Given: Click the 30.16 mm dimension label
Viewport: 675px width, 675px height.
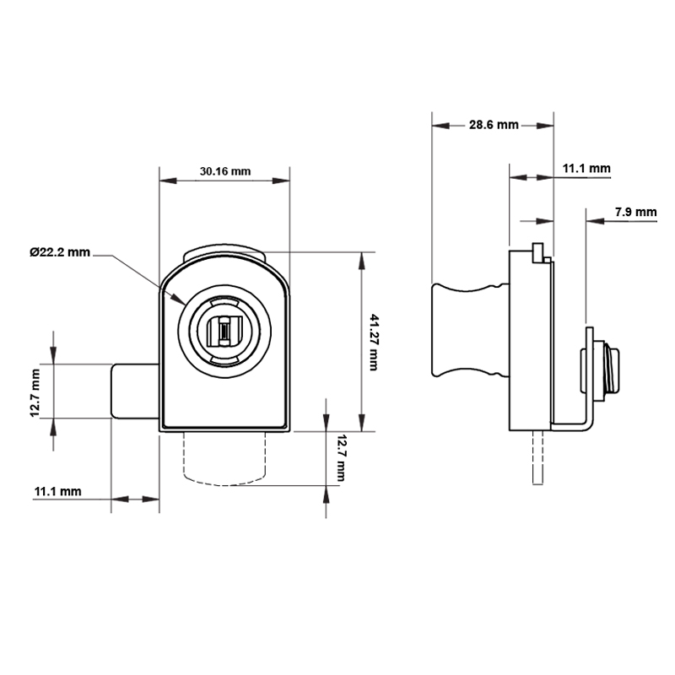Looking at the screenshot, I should point(224,171).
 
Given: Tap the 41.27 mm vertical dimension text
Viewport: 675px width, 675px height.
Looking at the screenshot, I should point(374,342).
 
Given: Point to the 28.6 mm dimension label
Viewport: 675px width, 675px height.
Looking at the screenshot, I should point(494,125).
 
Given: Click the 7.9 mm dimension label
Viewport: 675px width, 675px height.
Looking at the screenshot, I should point(635,212).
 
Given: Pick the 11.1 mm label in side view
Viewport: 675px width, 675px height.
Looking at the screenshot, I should point(586,169).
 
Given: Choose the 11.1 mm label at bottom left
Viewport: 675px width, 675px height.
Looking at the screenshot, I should point(57,491).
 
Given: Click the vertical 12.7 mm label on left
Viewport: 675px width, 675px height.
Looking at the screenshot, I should point(35,392).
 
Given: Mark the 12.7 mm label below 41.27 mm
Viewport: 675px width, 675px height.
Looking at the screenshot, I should point(341,457).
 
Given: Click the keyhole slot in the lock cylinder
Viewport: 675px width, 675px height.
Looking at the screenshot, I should point(224,331).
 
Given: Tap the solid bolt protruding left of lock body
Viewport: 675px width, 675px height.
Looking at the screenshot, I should point(133,391).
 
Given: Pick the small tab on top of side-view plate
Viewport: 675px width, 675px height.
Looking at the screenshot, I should point(537,252).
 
